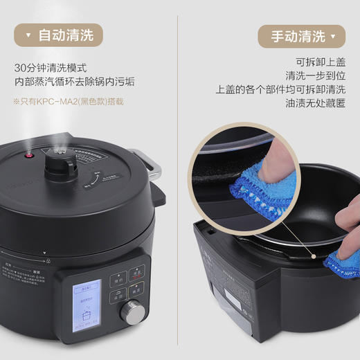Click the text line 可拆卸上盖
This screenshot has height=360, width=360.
click(321, 61)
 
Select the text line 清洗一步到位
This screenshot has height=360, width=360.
click(316, 75)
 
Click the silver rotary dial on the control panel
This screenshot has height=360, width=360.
click(130, 311)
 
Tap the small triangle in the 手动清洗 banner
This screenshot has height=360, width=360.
click(334, 36)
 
